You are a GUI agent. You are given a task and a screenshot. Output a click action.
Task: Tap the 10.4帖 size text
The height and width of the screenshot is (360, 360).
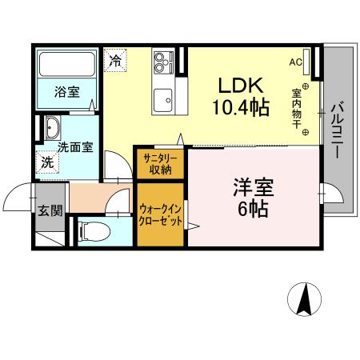(238, 106)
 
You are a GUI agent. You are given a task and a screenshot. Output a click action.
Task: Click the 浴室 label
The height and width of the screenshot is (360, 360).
(66, 92)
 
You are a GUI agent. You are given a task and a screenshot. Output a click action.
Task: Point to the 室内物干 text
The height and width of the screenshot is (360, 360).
(296, 107)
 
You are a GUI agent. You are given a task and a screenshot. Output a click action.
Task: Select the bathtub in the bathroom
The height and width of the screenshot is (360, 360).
(67, 63)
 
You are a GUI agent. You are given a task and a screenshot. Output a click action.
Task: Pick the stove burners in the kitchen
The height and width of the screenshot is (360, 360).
(164, 61)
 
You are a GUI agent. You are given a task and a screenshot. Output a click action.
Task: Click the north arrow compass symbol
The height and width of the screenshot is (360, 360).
(304, 301)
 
